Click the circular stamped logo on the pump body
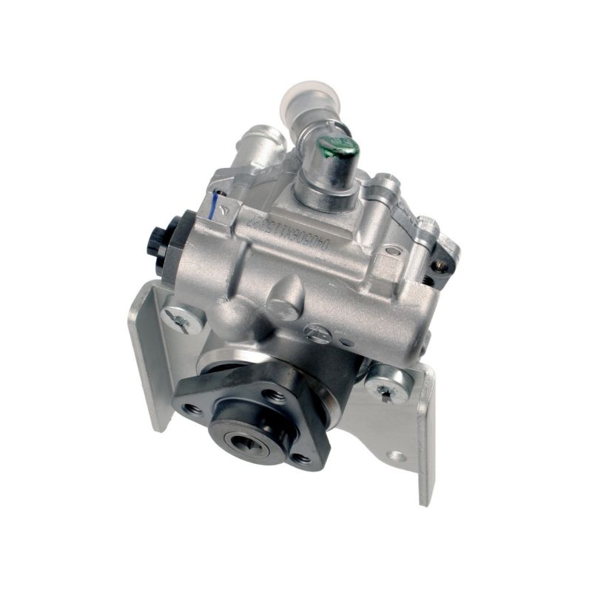pos(315,333)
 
